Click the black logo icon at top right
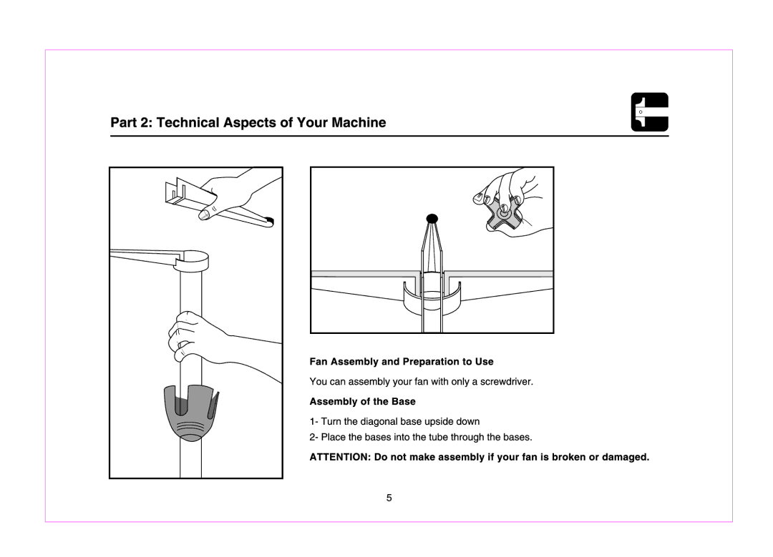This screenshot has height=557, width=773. click(649, 112)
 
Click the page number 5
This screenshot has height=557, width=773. click(389, 498)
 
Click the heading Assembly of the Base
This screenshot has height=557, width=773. click(362, 401)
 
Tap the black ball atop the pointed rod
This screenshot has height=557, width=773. click(432, 218)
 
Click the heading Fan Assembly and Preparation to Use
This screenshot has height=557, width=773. click(402, 362)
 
